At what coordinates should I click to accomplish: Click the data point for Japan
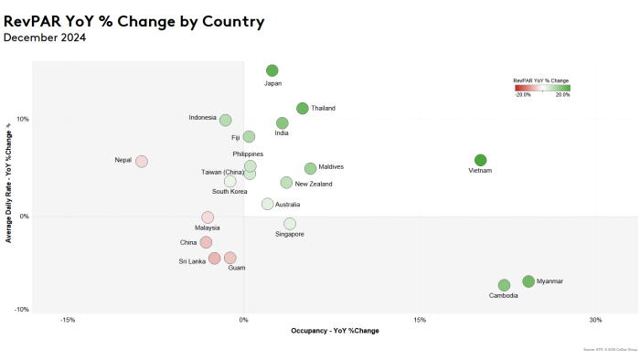272,70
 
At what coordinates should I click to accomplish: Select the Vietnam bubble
480,160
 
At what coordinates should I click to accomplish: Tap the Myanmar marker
528,281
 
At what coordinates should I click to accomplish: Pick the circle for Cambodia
504,285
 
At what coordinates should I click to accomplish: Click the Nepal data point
142,161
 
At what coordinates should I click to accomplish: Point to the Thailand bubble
303,109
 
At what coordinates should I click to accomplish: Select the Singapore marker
290,223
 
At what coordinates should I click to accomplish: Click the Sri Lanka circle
215,258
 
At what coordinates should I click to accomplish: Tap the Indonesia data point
225,120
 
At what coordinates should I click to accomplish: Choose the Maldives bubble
310,168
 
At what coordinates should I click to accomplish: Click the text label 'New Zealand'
314,184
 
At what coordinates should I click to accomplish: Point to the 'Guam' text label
236,268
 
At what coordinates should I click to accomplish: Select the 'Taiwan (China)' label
222,172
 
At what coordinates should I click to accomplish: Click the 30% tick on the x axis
595,320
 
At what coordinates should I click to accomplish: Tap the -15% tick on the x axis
67,320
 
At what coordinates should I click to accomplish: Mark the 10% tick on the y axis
23,119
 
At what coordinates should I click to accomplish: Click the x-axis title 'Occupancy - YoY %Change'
334,331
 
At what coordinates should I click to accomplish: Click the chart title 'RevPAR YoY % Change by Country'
134,21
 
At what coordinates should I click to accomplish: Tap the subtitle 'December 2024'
45,37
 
